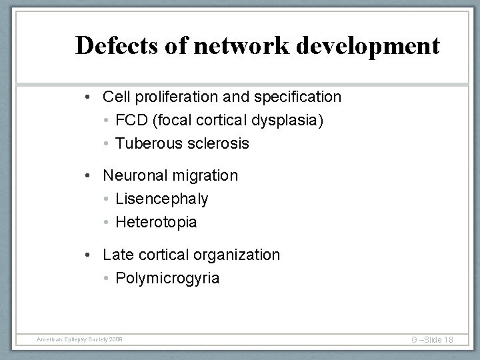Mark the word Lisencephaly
[162, 199]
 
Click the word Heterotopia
[157, 222]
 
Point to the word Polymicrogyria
[167, 278]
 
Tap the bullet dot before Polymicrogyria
[107, 278]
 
